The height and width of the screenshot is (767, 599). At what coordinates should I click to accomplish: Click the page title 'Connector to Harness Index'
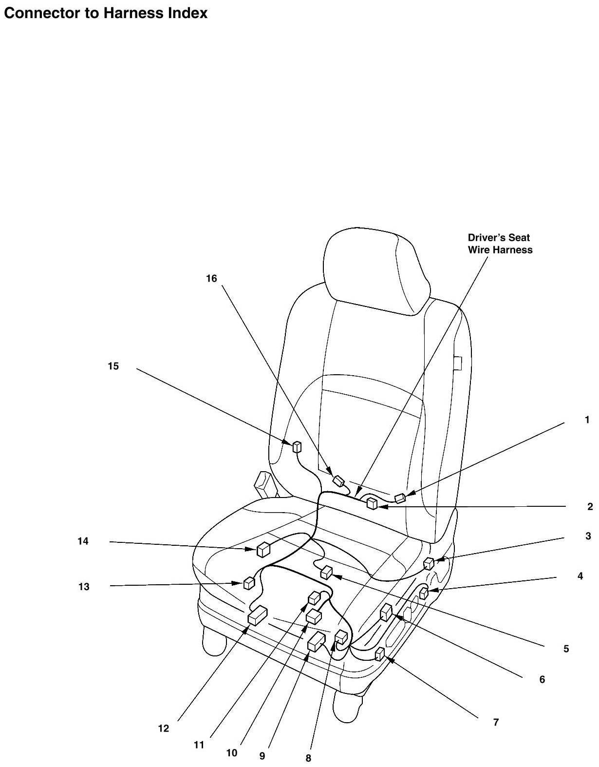(106, 13)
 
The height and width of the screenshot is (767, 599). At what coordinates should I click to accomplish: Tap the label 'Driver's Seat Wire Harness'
(500, 244)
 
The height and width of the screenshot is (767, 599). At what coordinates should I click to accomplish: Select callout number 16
(211, 279)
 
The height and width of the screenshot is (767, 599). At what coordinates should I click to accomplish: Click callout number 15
(113, 366)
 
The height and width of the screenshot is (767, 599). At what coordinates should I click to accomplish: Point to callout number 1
(587, 420)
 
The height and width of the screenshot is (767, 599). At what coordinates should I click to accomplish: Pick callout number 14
(83, 541)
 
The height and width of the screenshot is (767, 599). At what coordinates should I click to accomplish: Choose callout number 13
(84, 587)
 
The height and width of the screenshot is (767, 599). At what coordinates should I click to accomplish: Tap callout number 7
(496, 722)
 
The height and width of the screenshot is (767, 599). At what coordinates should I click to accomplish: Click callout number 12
(163, 729)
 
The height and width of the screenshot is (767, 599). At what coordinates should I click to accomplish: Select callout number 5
(566, 649)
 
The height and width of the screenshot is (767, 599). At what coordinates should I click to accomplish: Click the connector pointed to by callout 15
(296, 446)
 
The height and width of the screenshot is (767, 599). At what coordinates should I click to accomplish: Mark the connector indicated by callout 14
(263, 549)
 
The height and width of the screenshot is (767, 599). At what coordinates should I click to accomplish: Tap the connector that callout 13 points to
(249, 583)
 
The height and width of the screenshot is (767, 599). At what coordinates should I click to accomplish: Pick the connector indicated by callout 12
(258, 615)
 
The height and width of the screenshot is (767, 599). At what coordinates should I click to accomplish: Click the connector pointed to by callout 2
(372, 503)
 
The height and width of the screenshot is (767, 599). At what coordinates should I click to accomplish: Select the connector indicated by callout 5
(326, 572)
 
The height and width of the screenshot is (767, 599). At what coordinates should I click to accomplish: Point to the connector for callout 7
(380, 653)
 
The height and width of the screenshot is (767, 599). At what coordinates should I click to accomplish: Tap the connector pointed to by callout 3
(429, 563)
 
